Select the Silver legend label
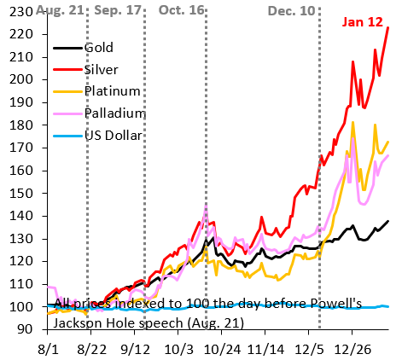coord(102,70)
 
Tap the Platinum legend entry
coord(112,91)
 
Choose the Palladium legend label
coord(114,113)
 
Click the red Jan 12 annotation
coord(363,22)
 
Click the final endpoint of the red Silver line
coord(388,27)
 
